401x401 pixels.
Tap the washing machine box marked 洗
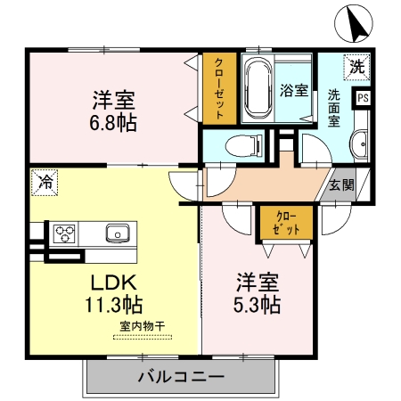[356, 65]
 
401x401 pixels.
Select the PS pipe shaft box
[364, 99]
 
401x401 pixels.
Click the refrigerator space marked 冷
[44, 183]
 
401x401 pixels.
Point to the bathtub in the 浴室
[259, 89]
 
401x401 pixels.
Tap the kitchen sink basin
[118, 234]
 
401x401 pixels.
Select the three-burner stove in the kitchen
[65, 234]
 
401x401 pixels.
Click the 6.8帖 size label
[112, 123]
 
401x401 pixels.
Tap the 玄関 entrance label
[341, 185]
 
